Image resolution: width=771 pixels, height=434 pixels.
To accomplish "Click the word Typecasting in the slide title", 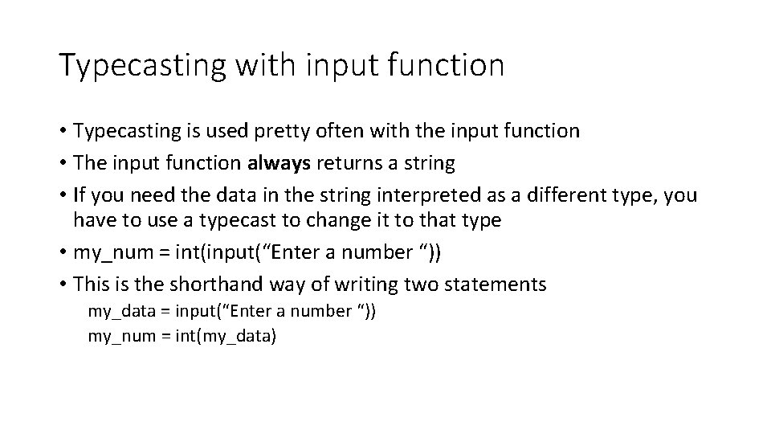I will click(x=141, y=65).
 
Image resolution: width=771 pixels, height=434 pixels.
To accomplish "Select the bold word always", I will click(x=278, y=164).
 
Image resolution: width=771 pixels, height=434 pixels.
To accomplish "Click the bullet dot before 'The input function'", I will click(x=63, y=164).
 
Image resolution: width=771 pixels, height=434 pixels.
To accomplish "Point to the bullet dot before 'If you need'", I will click(x=63, y=196).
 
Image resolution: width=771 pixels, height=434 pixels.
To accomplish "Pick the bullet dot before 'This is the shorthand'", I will click(x=63, y=284).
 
